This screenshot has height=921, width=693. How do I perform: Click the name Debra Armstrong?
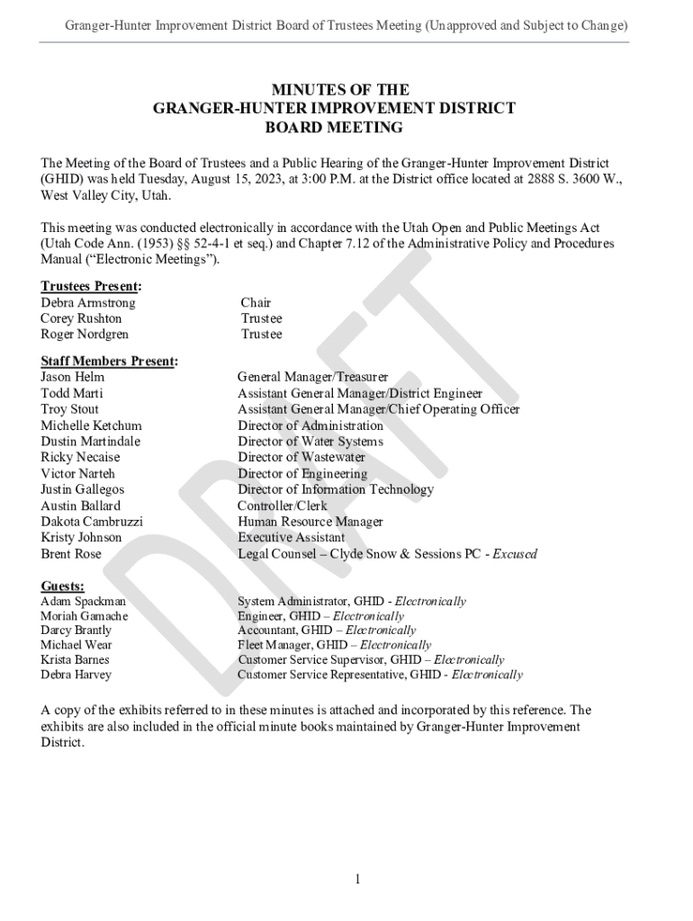click(x=87, y=303)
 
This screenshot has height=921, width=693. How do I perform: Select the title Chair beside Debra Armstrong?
click(x=256, y=303)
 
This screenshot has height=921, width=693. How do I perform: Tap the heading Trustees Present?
click(x=90, y=287)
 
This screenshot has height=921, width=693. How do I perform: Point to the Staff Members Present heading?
click(x=109, y=362)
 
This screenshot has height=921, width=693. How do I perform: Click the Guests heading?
click(x=63, y=586)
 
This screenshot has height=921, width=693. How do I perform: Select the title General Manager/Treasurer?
click(x=312, y=378)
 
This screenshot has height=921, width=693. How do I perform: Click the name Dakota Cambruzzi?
click(x=91, y=522)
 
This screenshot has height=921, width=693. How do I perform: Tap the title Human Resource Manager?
click(x=310, y=522)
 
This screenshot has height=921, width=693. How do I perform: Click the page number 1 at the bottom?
click(x=356, y=880)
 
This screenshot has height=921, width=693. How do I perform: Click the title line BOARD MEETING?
click(x=334, y=128)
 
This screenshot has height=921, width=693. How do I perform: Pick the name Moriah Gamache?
click(x=84, y=616)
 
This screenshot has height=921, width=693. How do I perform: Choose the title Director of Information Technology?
click(x=335, y=490)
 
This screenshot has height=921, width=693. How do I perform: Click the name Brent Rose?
click(x=70, y=554)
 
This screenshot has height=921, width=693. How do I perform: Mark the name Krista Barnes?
click(x=76, y=659)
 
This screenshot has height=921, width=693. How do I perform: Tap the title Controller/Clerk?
click(x=282, y=505)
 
